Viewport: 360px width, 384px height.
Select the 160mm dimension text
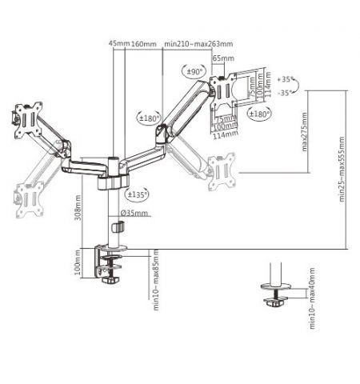[x=143, y=44]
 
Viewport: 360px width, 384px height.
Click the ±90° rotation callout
[x=194, y=73]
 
